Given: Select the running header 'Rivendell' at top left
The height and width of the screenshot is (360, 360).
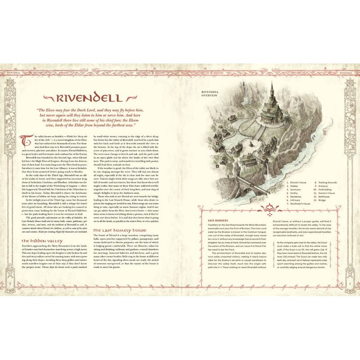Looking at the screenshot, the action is coord(17,72).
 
